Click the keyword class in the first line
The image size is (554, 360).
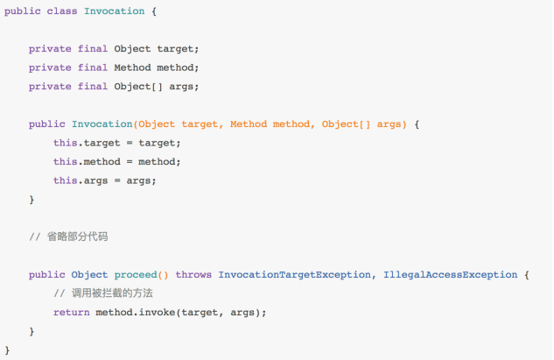pos(62,11)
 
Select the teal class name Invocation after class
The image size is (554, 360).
pos(114,11)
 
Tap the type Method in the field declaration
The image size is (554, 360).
pos(132,67)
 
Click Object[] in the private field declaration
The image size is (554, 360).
pos(138,87)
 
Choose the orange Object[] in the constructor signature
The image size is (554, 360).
pos(346,124)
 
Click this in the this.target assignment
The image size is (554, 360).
pos(66,143)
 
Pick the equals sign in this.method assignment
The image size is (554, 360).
pos(130,162)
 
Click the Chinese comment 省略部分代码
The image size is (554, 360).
pos(77,236)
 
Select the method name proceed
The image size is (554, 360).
pos(136,275)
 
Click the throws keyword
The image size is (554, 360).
pos(193,274)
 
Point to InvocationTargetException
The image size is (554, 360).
pos(295,275)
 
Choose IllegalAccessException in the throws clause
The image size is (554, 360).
pos(451,275)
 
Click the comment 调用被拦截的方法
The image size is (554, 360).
pos(112,293)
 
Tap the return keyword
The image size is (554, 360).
pos(72,312)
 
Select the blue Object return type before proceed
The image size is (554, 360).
pos(89,275)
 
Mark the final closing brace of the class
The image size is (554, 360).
pos(7,350)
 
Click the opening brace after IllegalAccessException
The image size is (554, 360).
pos(527,275)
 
